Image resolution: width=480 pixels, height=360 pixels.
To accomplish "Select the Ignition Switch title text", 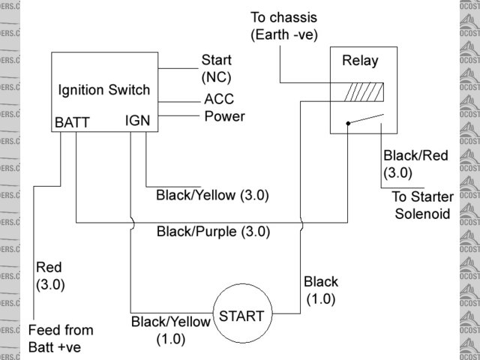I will pyautogui.click(x=104, y=90).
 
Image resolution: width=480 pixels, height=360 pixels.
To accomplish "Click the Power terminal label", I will pyautogui.click(x=224, y=116).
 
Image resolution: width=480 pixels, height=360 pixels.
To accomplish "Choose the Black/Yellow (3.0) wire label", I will pyautogui.click(x=212, y=195).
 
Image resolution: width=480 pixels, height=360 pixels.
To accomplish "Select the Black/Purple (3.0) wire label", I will pyautogui.click(x=213, y=232).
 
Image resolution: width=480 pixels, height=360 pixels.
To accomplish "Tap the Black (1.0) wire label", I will pyautogui.click(x=321, y=290).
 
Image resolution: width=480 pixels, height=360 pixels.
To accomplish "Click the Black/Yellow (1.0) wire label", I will pyautogui.click(x=171, y=330).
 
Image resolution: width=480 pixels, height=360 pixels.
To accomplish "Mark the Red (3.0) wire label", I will pyautogui.click(x=50, y=276).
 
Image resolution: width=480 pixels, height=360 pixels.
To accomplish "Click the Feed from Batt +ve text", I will pyautogui.click(x=61, y=338).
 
